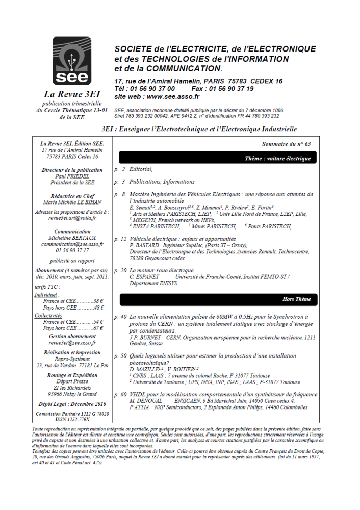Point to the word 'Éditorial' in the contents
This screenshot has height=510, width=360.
(141, 169)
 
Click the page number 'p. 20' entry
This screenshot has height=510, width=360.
(120, 270)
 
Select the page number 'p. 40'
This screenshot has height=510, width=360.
(120, 317)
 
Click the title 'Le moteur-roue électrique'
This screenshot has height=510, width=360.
(162, 270)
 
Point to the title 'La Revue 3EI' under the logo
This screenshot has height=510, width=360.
(72, 94)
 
